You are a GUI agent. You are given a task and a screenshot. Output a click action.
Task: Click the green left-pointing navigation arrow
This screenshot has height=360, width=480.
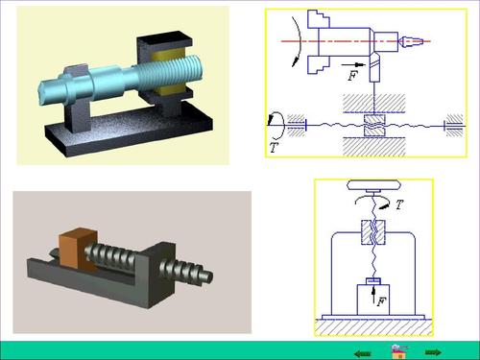[x=363, y=353]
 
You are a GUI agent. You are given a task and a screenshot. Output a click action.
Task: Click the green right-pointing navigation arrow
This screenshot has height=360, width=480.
[x=433, y=352]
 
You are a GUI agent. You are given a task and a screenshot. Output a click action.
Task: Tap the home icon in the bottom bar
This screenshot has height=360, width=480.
[x=399, y=351]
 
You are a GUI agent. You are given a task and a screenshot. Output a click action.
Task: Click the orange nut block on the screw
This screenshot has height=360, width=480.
[x=78, y=250]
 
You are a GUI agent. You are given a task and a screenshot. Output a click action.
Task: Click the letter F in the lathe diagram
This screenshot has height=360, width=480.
[x=352, y=76]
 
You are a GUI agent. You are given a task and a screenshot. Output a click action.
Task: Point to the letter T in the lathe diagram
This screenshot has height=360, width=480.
[x=274, y=148]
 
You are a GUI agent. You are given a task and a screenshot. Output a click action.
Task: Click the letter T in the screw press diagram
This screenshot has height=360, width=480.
[x=398, y=204]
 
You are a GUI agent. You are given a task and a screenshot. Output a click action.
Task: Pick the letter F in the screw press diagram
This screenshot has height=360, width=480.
[x=381, y=301]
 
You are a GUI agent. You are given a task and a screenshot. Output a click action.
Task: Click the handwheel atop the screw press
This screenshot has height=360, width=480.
[x=373, y=185]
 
